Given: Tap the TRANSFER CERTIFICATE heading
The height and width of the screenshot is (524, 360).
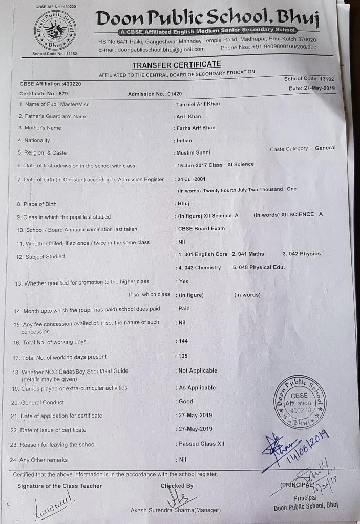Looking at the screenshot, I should tap(177, 64).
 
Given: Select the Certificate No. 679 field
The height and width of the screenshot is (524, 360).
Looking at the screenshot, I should tap(44, 94).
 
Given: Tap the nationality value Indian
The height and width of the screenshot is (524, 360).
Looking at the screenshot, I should tap(184, 140).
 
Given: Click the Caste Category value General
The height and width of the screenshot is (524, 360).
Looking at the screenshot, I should tap(325, 148).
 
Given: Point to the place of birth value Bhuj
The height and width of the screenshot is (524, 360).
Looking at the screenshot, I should tap(183, 203).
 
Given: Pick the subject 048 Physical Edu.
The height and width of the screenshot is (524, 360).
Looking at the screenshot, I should tap(259, 267).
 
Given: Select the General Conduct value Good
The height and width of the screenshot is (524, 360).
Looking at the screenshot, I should tap(186, 402).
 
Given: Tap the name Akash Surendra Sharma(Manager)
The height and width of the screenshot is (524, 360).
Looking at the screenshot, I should tap(176, 510).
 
